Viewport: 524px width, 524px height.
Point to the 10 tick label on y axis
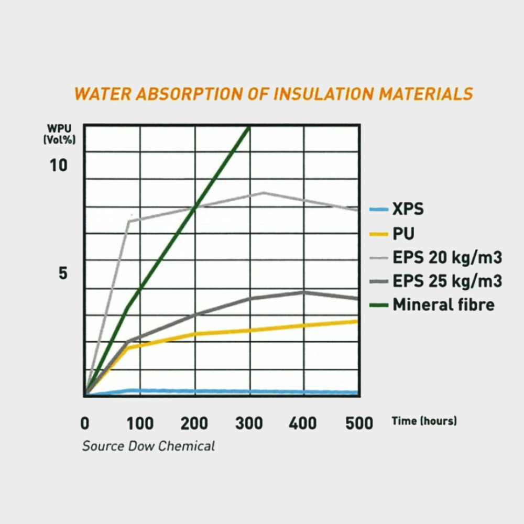[59, 166]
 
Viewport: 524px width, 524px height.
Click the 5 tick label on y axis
[63, 273]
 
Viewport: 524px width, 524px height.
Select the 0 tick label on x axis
[85, 423]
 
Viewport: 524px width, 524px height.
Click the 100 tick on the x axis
[140, 423]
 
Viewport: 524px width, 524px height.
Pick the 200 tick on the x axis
[194, 423]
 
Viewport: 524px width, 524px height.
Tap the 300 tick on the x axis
[249, 423]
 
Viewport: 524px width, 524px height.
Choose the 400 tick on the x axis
[303, 423]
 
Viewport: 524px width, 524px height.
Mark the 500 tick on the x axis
[359, 423]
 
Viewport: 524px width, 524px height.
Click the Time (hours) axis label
[424, 421]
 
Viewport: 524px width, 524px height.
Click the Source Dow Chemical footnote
[148, 446]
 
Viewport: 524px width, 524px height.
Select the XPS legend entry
[408, 210]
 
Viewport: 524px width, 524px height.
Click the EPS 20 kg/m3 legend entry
[447, 257]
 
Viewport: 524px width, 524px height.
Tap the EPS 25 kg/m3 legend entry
[447, 281]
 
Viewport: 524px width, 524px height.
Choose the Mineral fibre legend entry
[443, 304]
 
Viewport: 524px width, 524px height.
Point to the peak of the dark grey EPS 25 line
[303, 292]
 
